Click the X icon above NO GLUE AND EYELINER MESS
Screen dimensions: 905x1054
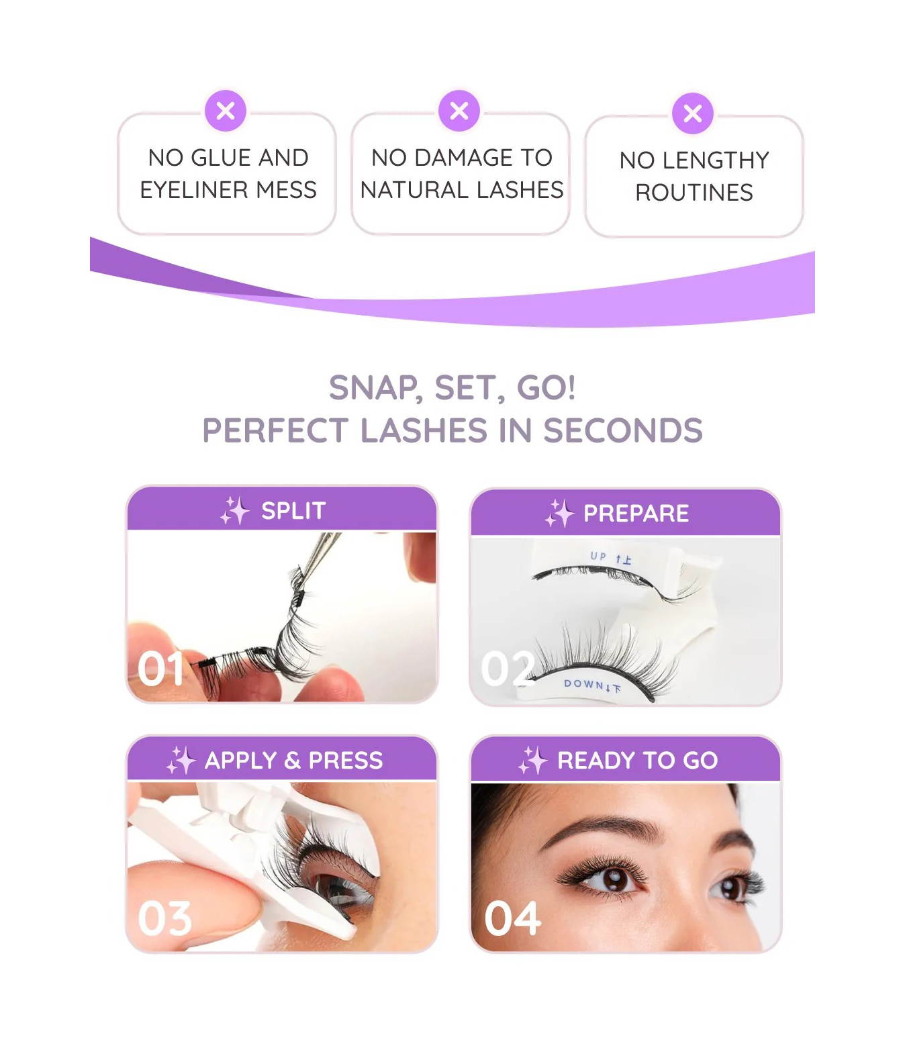[x=226, y=111]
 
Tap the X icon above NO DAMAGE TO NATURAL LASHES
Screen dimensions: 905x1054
[x=459, y=111]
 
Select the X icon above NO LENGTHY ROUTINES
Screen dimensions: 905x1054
[x=692, y=113]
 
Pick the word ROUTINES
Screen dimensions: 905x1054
[x=694, y=193]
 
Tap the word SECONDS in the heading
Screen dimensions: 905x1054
[x=622, y=430]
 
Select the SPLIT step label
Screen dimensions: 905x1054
[x=293, y=510]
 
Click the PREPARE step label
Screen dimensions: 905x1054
[x=636, y=513]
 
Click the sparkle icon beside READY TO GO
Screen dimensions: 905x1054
[x=533, y=760]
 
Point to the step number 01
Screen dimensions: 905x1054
[x=160, y=669]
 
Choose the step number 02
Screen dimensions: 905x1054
[x=508, y=669]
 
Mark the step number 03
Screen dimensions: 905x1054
[x=164, y=918]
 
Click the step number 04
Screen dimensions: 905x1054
[x=512, y=918]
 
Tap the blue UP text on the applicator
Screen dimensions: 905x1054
[x=598, y=557]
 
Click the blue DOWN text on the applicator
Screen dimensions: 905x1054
[x=584, y=684]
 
